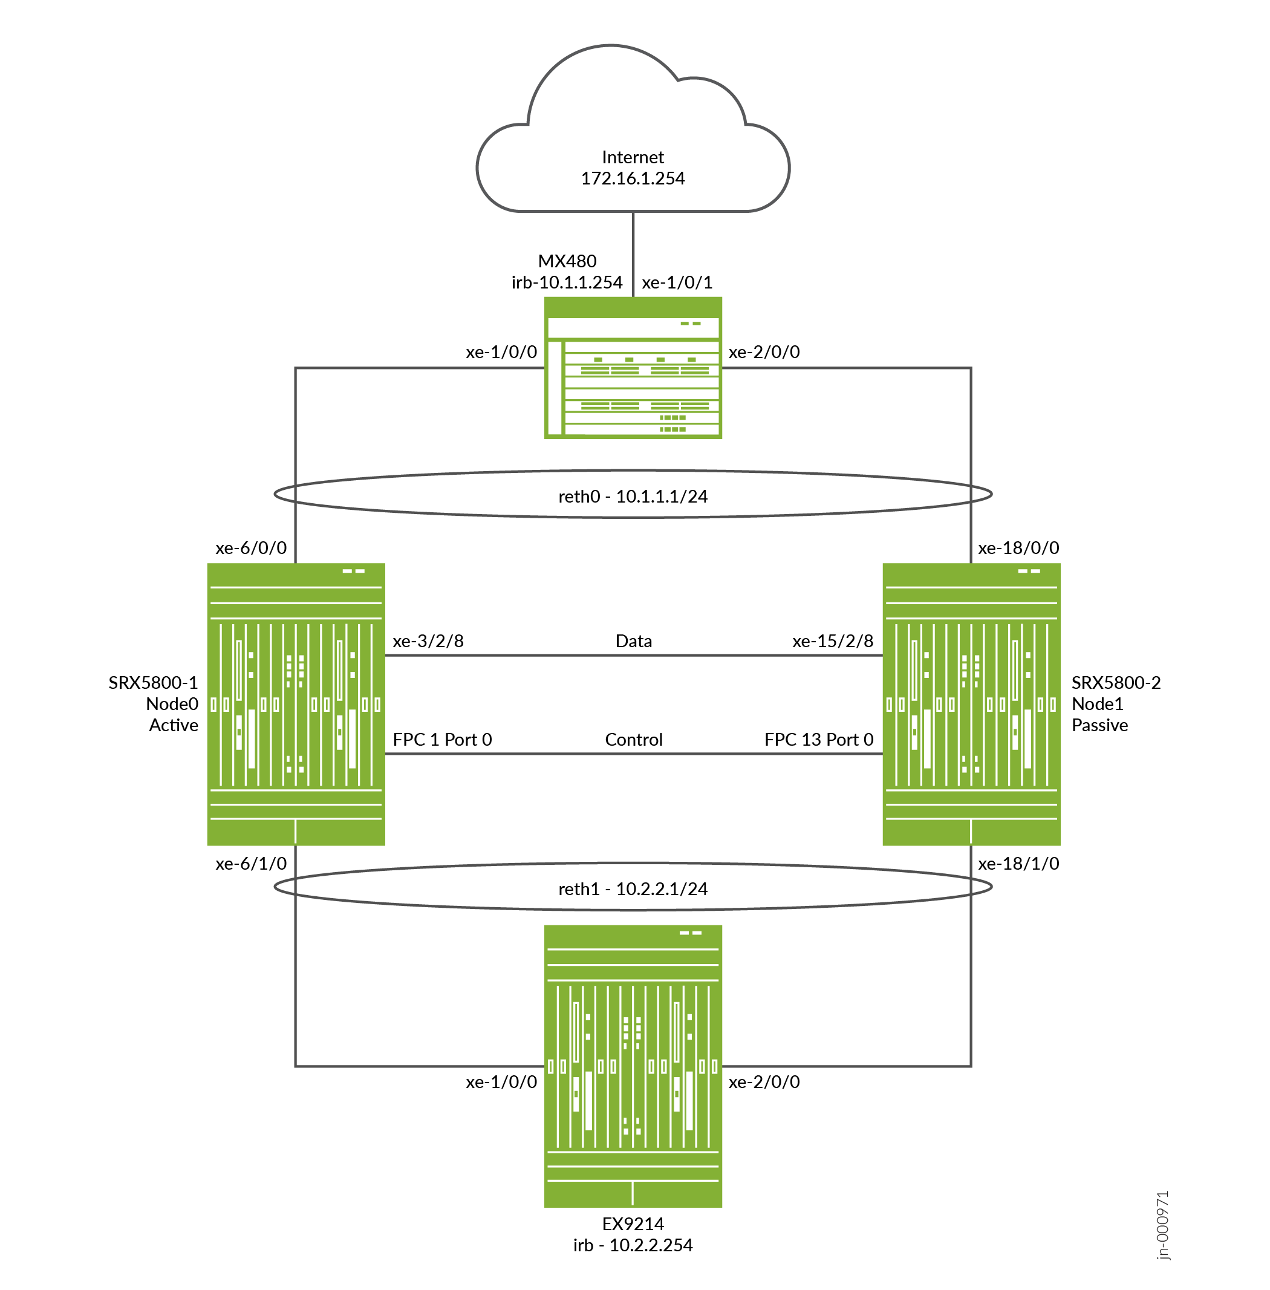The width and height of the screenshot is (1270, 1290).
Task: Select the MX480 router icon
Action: tap(633, 368)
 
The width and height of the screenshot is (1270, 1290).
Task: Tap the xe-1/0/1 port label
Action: tap(676, 283)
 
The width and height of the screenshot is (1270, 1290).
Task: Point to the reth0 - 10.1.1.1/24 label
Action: tap(633, 497)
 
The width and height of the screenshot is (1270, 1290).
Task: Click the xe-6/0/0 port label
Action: tap(251, 549)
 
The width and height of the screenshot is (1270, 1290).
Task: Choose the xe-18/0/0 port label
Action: tap(1018, 549)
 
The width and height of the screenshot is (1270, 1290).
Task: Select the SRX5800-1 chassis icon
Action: tap(296, 704)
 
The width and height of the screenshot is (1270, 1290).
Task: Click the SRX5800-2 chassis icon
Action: tap(971, 704)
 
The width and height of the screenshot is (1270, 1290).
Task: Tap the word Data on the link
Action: tap(633, 641)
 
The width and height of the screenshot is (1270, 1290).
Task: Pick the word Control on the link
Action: tap(633, 740)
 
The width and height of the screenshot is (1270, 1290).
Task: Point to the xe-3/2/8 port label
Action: tap(428, 641)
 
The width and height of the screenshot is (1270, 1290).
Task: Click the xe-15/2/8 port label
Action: tap(832, 641)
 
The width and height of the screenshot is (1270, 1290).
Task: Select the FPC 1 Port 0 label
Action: tap(441, 740)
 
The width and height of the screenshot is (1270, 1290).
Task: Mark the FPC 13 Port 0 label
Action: tap(818, 740)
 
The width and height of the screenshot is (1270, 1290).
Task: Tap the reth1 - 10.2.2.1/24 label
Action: tap(633, 889)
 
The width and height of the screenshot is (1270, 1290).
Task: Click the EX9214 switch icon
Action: tap(633, 1065)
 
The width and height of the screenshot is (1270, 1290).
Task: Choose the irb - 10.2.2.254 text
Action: tap(633, 1245)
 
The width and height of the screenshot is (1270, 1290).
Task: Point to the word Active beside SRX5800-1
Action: tap(174, 725)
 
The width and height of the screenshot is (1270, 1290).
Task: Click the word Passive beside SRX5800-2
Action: tap(1099, 725)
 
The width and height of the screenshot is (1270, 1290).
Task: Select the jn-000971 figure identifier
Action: tap(1162, 1225)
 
